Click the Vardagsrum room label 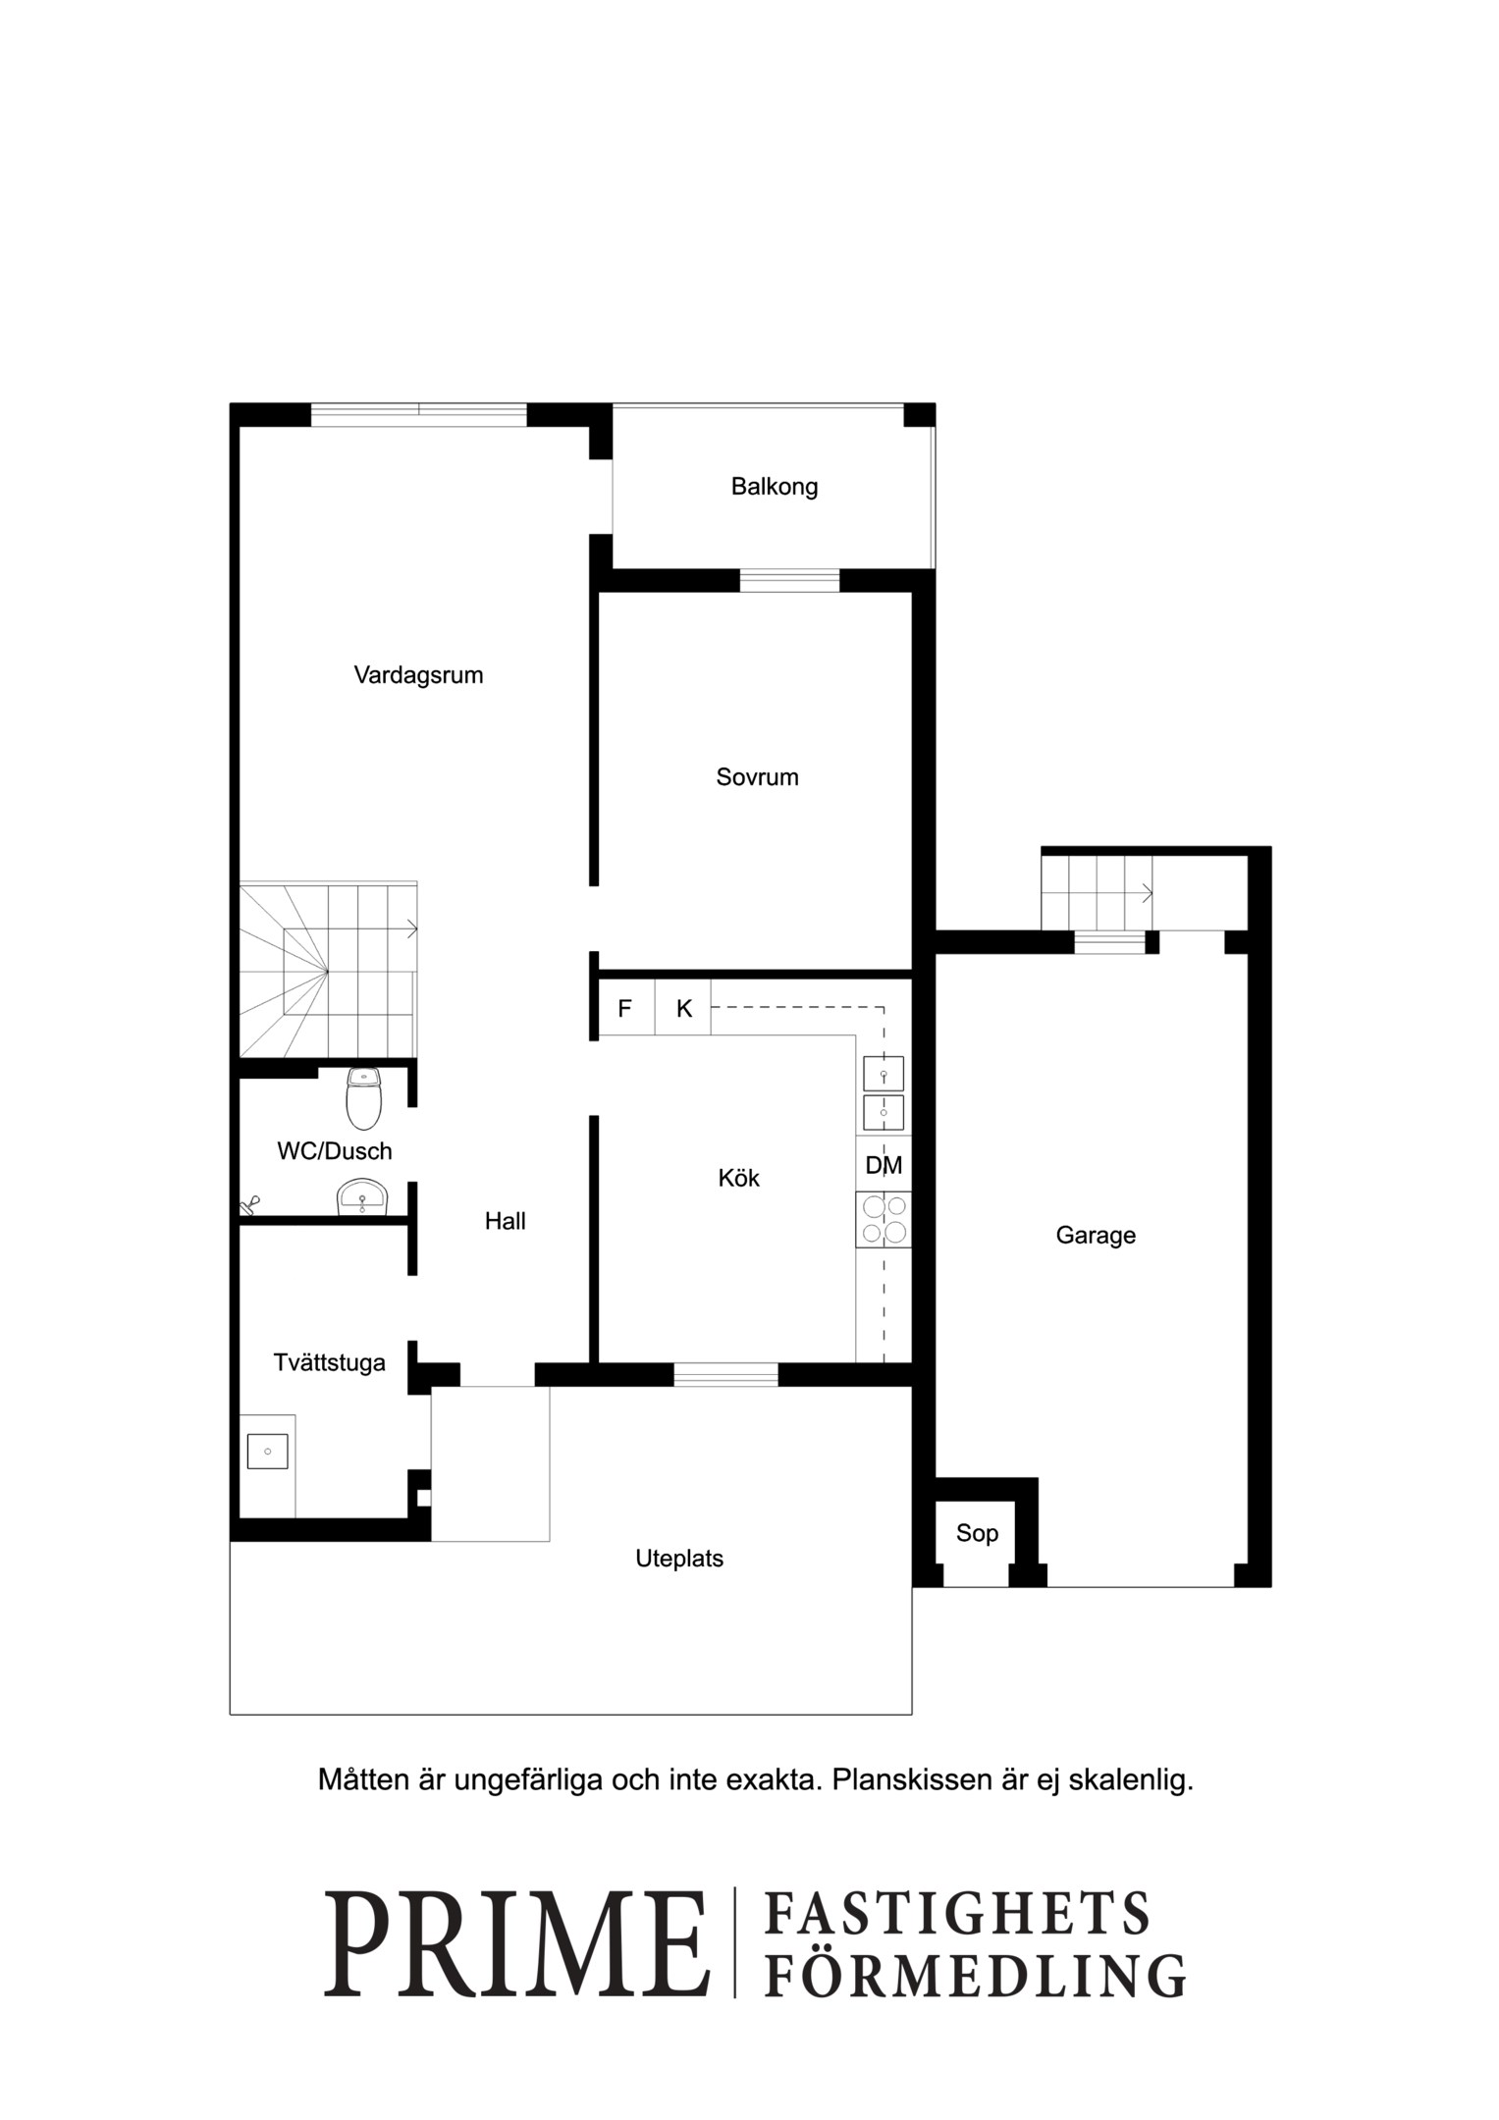tap(418, 676)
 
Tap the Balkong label tap(775, 487)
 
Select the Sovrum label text tap(757, 777)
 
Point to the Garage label tap(1096, 1236)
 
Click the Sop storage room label tap(977, 1533)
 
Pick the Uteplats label tap(679, 1559)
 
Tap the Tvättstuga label tap(329, 1363)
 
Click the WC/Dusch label tap(335, 1151)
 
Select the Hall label tap(506, 1221)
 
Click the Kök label tap(739, 1178)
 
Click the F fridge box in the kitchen tap(626, 1007)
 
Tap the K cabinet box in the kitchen tap(683, 1007)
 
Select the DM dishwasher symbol tap(883, 1165)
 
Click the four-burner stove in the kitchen tap(883, 1220)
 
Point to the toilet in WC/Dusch tap(364, 1099)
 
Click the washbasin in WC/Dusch tap(363, 1196)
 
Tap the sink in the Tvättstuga tap(267, 1452)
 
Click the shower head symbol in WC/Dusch tap(249, 1203)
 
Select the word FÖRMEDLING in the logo tap(975, 1976)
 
